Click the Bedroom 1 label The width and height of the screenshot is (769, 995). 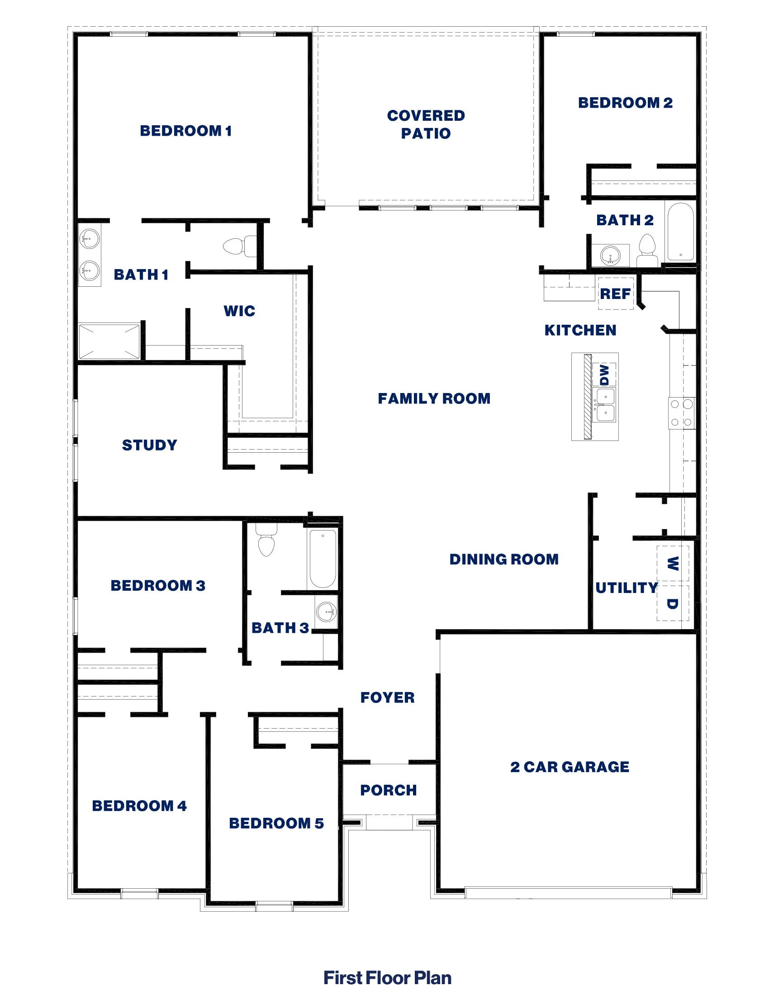click(186, 131)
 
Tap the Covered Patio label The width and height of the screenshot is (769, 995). click(426, 124)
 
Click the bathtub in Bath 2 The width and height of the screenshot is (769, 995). click(680, 232)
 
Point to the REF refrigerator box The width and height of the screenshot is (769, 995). click(616, 294)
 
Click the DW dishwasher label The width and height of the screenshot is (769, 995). click(604, 374)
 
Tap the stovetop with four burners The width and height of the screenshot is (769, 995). click(682, 413)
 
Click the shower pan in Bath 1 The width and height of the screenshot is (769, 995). click(109, 341)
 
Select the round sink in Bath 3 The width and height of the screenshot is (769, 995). click(326, 611)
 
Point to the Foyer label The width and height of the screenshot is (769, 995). click(388, 697)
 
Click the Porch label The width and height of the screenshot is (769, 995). click(389, 791)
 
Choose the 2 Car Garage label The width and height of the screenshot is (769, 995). click(570, 767)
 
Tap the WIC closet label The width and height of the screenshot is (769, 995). click(240, 311)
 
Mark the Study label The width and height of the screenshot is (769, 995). click(149, 445)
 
